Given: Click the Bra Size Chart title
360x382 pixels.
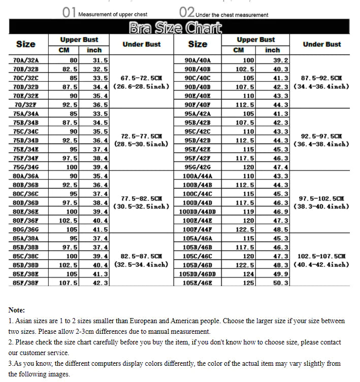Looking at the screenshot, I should point(176,28).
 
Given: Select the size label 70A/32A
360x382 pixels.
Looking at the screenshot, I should point(26,60).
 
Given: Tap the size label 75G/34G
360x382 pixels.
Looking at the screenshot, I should point(26,167).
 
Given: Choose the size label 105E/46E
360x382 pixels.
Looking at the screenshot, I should point(198,283).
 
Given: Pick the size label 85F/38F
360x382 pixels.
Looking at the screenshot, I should point(26,283).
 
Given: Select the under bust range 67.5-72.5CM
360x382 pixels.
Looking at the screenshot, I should point(141,78).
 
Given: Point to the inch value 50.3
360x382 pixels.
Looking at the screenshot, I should point(281,283).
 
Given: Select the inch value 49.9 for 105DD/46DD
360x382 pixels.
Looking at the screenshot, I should point(281,274).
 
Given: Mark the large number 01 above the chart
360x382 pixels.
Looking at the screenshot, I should point(69,12).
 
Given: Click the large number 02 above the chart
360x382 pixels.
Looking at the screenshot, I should point(187,12).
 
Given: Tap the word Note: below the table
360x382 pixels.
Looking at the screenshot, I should point(17,309).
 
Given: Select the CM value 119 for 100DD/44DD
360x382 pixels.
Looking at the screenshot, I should point(248,212).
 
